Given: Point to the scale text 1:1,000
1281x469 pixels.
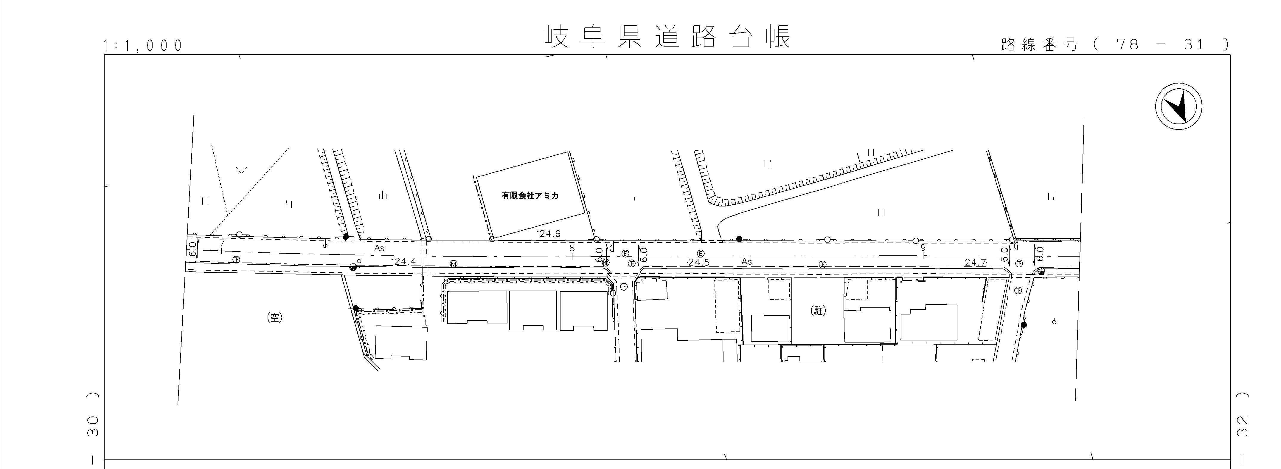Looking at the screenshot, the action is point(143,46).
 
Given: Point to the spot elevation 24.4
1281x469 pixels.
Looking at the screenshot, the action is point(404,260).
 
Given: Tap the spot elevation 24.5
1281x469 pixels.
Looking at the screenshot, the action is point(699,262).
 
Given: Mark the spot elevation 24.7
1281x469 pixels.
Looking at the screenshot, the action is point(975,262).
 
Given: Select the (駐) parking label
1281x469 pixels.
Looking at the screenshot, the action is point(818,311).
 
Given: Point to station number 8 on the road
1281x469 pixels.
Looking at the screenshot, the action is point(572,247).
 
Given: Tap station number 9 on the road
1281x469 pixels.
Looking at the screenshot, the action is point(923,247).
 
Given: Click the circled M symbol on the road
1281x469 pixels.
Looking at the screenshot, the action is point(453,264).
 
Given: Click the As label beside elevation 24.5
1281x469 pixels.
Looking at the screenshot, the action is point(746,261).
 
